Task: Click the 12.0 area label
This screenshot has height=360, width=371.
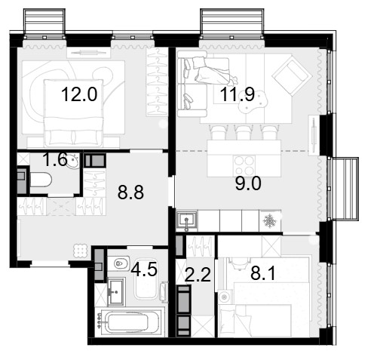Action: tap(79, 94)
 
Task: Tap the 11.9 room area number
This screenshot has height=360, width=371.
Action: tap(238, 94)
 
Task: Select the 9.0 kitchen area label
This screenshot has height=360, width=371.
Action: tap(248, 183)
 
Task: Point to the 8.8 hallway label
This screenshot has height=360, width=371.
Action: tap(130, 192)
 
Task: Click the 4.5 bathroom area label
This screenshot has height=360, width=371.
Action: tap(144, 269)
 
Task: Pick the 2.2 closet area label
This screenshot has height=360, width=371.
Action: tap(198, 275)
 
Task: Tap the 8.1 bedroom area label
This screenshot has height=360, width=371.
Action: tap(263, 273)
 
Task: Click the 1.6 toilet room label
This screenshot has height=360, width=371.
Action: tap(55, 160)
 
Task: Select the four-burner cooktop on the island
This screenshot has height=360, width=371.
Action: tap(244, 166)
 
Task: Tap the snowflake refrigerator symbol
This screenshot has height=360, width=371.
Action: tap(269, 221)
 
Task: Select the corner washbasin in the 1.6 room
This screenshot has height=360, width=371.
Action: tap(73, 161)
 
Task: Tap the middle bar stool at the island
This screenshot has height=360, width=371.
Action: tap(242, 132)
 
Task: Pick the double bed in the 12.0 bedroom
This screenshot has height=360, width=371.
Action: tap(73, 113)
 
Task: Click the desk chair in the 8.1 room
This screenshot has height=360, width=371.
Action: tap(238, 263)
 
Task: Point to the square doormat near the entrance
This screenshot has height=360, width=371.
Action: tap(81, 251)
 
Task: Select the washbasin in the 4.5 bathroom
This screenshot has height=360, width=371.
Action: tap(116, 291)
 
